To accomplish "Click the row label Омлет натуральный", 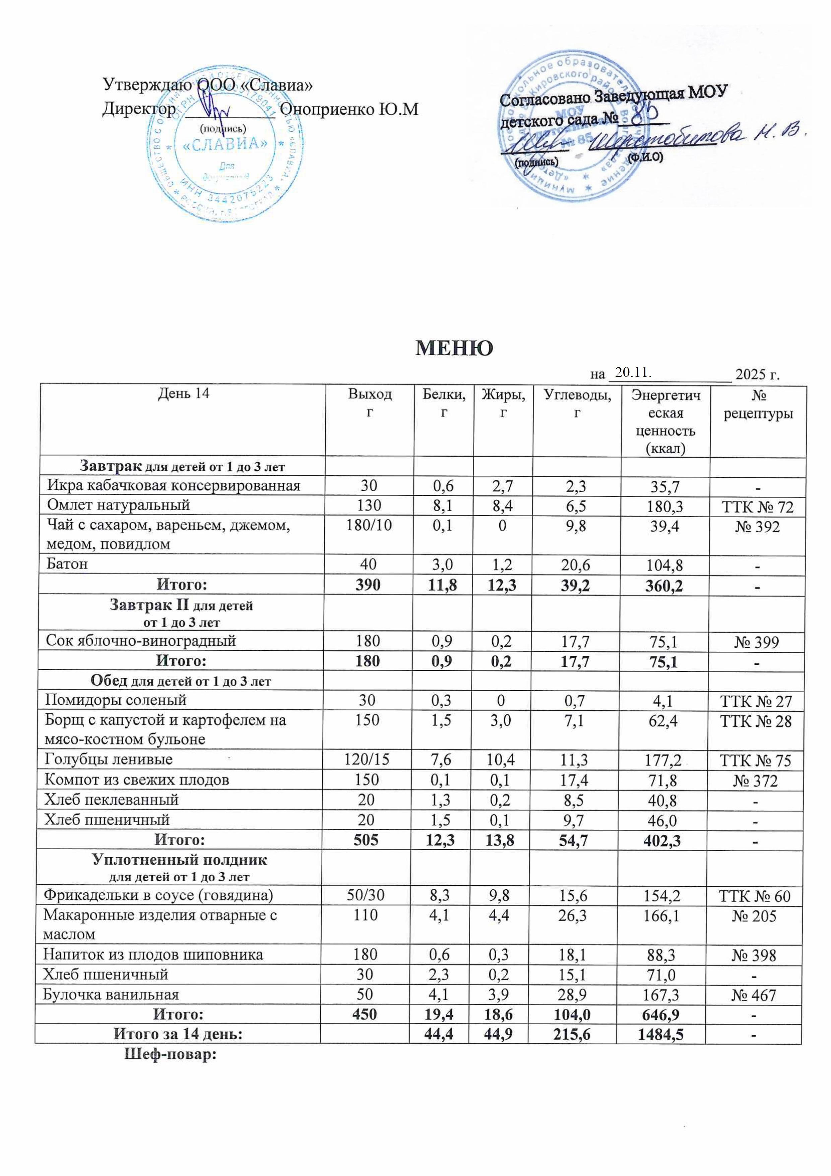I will [x=119, y=505].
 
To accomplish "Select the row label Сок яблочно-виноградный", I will [x=141, y=640].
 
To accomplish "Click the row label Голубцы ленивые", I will [x=109, y=759].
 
